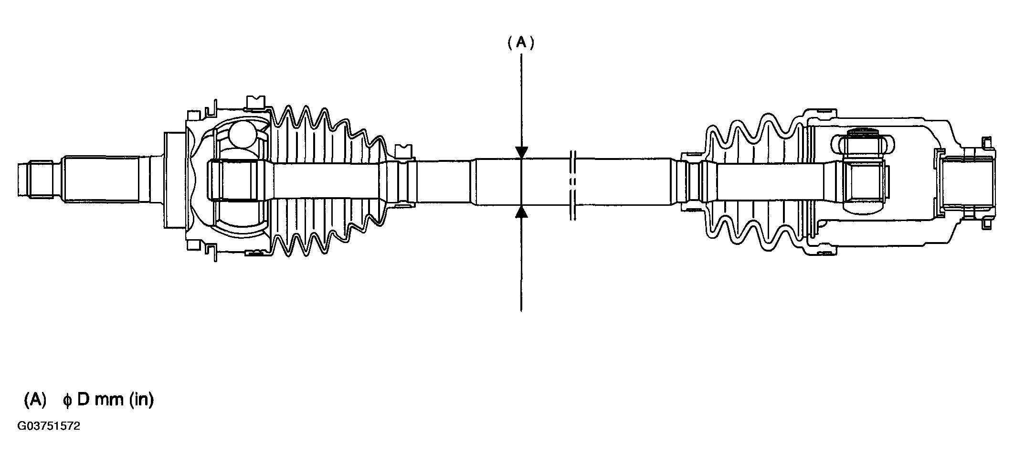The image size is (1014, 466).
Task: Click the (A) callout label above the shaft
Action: point(520,43)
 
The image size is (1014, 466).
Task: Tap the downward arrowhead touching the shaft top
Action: point(522,152)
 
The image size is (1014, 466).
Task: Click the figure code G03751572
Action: point(49,426)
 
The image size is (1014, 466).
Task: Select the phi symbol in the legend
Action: point(67,401)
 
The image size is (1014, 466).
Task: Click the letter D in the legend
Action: point(83,400)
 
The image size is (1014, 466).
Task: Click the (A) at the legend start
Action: point(35,400)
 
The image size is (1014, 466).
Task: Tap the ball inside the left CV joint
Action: point(243,133)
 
